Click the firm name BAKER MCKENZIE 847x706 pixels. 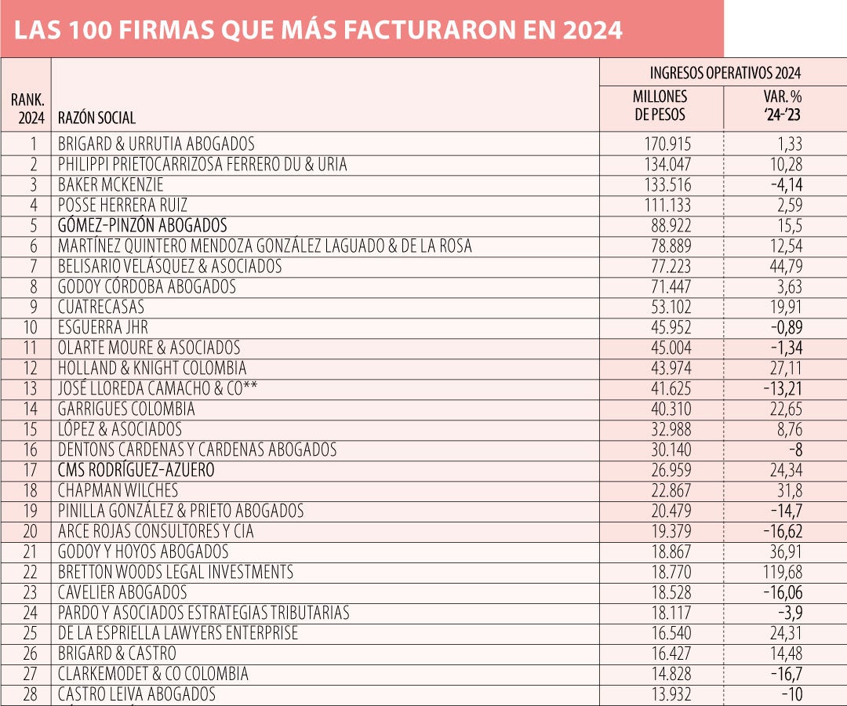coord(111,185)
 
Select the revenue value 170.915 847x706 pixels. coord(665,144)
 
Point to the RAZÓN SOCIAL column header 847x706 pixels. coord(96,118)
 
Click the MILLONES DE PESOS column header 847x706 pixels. coord(660,105)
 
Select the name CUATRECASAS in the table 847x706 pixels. coord(101,308)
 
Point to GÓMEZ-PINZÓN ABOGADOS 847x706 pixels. coord(142,226)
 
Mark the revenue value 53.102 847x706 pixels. coord(667,308)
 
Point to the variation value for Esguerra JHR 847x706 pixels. coord(783,327)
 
